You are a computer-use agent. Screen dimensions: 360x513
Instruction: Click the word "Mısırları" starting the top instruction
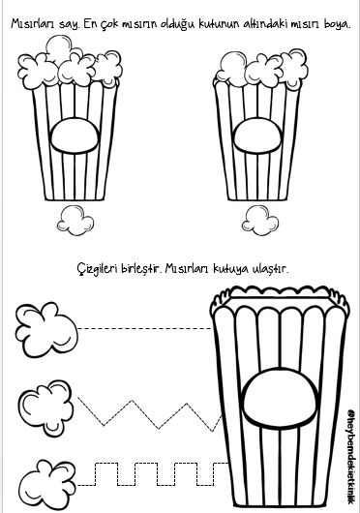point(33,24)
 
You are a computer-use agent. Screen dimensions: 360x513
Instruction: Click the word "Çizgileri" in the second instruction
point(98,269)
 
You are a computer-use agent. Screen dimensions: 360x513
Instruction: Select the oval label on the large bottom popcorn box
point(281,396)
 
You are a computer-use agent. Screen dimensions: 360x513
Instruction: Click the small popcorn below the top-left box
point(75,220)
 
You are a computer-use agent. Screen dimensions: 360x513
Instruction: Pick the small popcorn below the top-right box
point(260,220)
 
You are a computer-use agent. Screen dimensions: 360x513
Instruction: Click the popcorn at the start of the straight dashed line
point(46,329)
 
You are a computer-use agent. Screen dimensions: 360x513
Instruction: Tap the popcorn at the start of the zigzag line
point(46,407)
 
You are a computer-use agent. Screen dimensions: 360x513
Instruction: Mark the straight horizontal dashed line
point(145,328)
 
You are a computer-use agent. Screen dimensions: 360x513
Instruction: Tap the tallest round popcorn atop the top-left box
point(59,47)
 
